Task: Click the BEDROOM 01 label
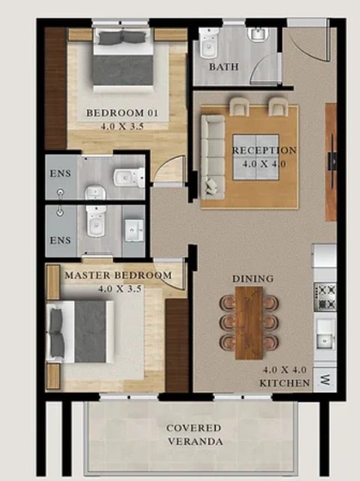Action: pos(122,113)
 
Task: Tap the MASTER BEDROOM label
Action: pos(119,275)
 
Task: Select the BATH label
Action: pos(224,67)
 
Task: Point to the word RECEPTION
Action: pos(264,150)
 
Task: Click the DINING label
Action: pos(253,278)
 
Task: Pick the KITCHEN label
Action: pos(284,383)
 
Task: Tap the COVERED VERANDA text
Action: pos(194,435)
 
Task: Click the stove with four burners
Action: pos(325,297)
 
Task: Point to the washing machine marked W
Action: pos(325,380)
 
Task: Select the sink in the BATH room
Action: pos(259,34)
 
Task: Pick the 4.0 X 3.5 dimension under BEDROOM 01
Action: pos(122,126)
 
